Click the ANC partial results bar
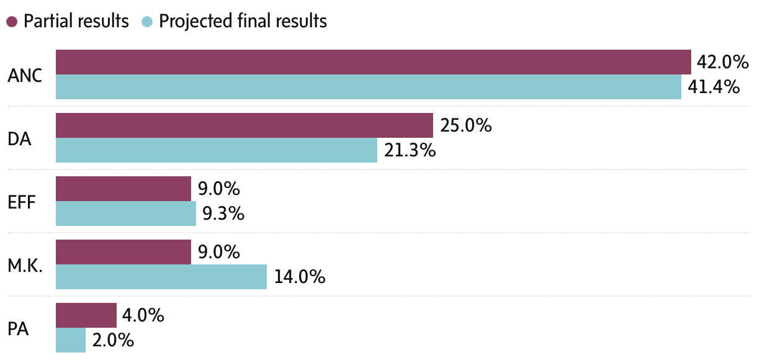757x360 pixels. [373, 62]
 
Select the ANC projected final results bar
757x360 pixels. [368, 87]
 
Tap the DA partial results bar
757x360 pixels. [244, 125]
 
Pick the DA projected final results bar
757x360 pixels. [216, 150]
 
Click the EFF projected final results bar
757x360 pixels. [125, 214]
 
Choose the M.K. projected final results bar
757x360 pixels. [161, 277]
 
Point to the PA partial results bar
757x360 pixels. [86, 315]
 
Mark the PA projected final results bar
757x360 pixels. [70, 340]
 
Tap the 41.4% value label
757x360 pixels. [714, 87]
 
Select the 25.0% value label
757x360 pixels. [465, 125]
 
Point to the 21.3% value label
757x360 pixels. [410, 150]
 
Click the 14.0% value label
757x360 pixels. [299, 277]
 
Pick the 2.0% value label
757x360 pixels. [113, 340]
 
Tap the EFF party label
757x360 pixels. [21, 202]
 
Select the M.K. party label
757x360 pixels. [25, 266]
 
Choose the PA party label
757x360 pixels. [19, 328]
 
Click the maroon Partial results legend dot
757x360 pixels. [12, 22]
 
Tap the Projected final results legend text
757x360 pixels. [243, 21]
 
